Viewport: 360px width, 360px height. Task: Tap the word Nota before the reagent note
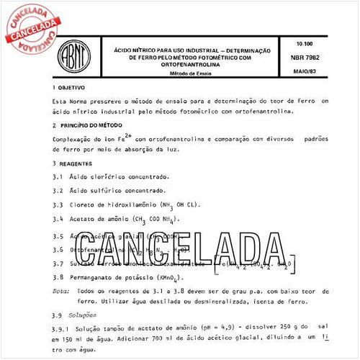tap(62, 292)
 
